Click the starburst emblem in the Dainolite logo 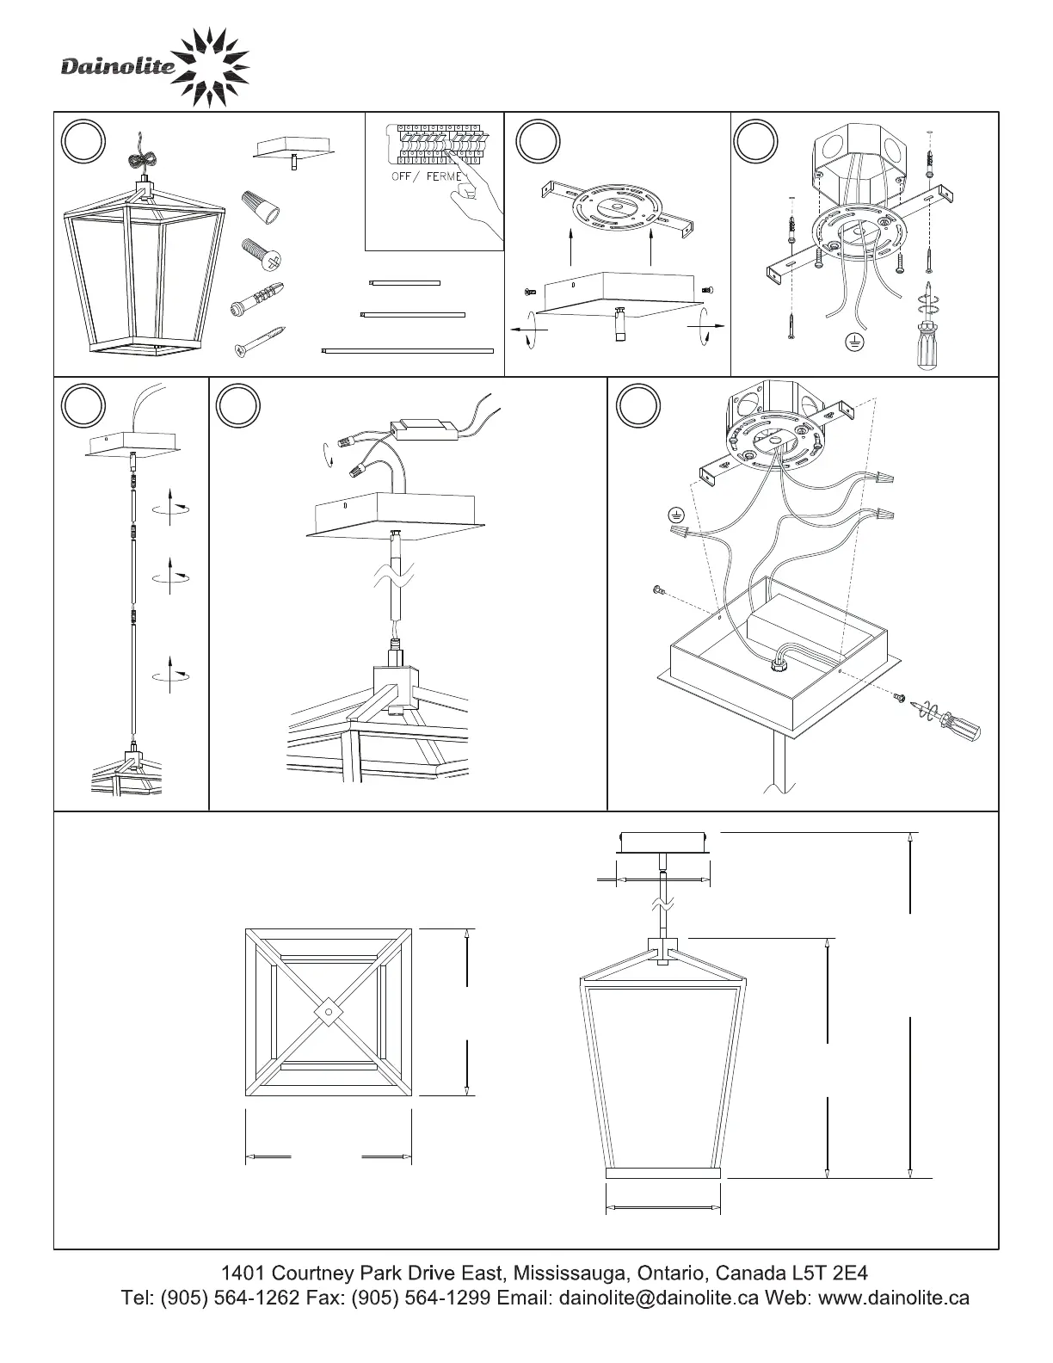[210, 67]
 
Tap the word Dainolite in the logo [118, 67]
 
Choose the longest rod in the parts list [407, 350]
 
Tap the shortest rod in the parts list [403, 282]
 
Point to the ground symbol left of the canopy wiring [676, 515]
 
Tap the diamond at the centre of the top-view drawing [329, 1012]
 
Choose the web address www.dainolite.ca [894, 1298]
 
